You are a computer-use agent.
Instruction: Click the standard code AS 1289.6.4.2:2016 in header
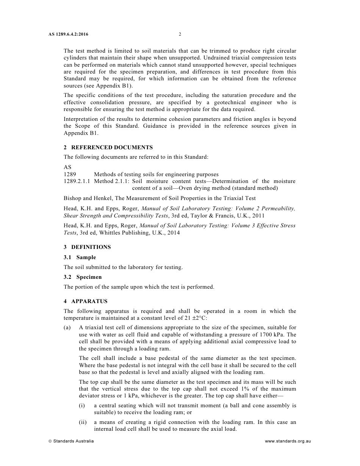(68, 34)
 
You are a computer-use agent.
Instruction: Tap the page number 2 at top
(180, 34)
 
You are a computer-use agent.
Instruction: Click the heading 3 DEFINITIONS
(87, 247)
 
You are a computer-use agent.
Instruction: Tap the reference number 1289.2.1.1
(77, 181)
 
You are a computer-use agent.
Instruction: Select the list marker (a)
(67, 328)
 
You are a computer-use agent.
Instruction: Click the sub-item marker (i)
(82, 405)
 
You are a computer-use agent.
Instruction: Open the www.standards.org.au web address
(288, 441)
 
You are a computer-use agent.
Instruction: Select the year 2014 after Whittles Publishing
(172, 233)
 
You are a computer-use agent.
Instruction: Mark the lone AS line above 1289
(67, 167)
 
